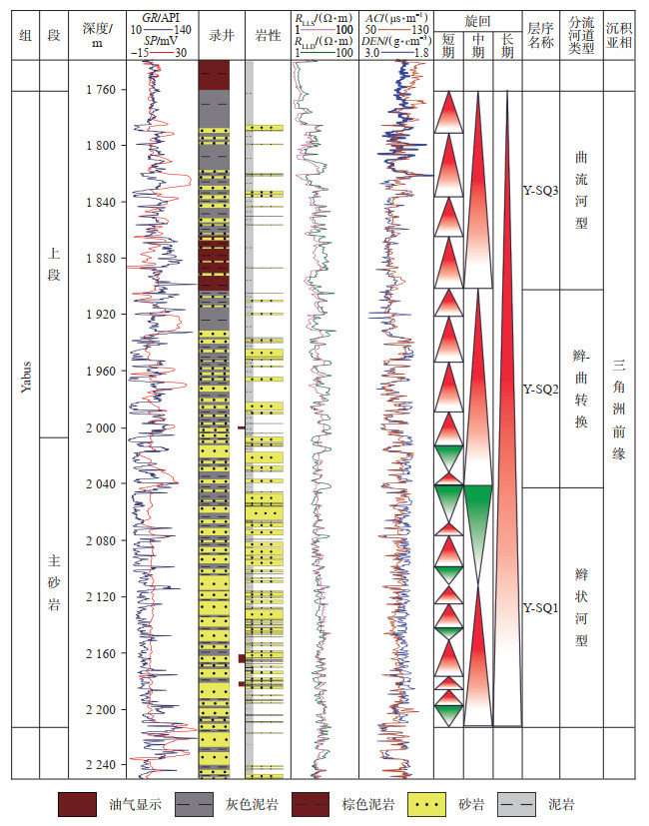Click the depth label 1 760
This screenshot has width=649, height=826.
101,90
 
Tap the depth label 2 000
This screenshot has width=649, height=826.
101,428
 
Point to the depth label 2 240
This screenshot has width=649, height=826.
101,765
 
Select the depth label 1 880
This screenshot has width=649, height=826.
101,259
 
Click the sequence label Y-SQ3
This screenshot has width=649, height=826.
540,190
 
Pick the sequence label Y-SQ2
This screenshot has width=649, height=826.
540,389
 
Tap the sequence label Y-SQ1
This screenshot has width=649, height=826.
540,606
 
